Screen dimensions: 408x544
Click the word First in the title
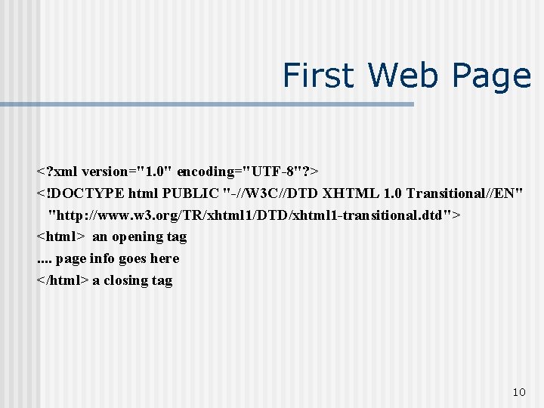318,76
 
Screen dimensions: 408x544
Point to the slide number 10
518,392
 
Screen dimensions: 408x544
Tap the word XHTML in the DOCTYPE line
348,193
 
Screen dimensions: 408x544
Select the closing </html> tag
63,281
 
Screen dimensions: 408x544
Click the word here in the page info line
165,259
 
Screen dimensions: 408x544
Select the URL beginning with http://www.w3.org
254,215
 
